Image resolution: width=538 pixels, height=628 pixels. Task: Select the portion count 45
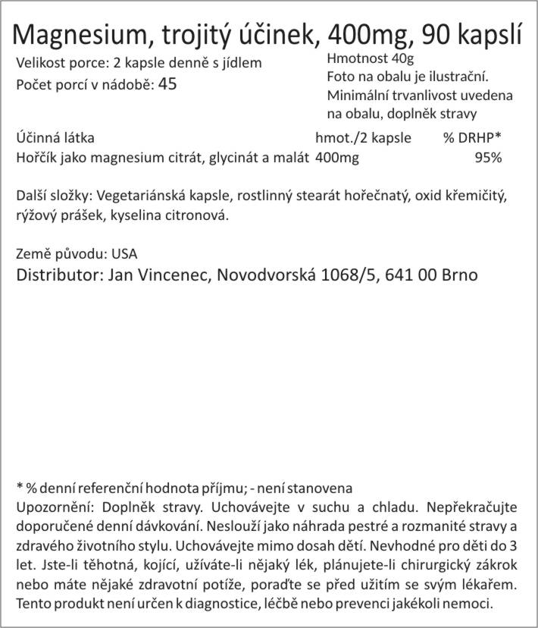tap(167, 83)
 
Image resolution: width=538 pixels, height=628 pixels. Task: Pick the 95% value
tap(487, 158)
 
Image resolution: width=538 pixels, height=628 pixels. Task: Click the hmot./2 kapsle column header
tap(363, 138)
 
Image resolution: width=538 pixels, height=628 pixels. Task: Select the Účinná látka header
tap(55, 138)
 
